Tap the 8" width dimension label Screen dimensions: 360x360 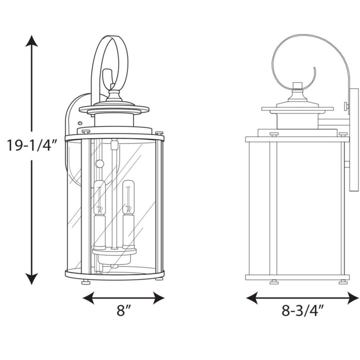[123, 311]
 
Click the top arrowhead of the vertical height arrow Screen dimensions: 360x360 [32, 41]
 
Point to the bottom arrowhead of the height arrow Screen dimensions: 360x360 [32, 279]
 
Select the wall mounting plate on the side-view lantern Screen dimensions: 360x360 [354, 140]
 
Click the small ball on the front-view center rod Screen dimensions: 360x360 [99, 163]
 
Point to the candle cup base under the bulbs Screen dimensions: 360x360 [114, 255]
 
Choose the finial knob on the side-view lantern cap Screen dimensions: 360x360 [297, 86]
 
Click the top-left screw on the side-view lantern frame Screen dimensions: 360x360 [273, 134]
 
